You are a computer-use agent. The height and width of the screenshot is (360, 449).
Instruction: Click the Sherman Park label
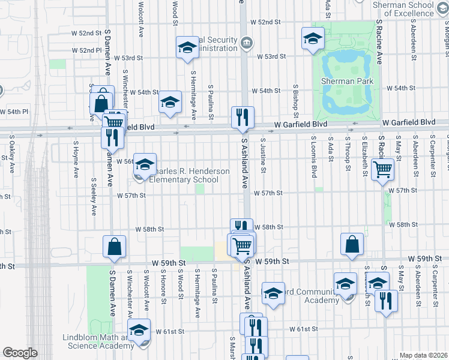347,81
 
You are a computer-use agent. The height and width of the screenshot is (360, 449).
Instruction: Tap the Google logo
20,352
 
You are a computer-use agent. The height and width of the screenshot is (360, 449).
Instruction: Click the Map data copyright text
424,355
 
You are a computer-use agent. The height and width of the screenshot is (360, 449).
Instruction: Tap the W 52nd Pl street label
86,50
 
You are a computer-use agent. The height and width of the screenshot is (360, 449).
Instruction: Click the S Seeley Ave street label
94,196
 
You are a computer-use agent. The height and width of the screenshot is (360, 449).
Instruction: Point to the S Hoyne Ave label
76,160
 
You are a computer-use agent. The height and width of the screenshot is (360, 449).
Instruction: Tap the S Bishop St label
295,100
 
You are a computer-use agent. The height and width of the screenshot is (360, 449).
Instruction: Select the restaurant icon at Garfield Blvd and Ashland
243,117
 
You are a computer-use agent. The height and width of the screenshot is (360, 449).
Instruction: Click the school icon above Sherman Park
312,40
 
